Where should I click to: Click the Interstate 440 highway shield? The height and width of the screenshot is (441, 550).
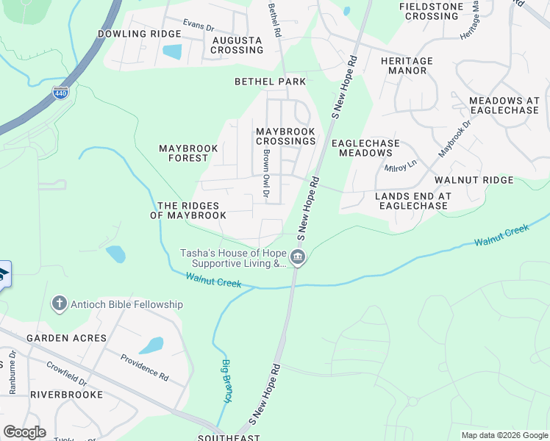click(61, 93)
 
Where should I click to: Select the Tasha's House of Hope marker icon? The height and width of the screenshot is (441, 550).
click(298, 257)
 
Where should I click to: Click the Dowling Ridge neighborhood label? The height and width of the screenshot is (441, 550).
click(139, 35)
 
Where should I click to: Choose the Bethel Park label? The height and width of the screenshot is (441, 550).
click(270, 81)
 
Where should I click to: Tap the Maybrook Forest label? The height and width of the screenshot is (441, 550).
click(189, 153)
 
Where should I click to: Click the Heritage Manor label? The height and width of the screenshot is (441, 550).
click(407, 65)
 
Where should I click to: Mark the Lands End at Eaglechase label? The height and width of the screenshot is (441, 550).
click(413, 201)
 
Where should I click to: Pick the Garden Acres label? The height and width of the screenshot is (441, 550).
click(67, 338)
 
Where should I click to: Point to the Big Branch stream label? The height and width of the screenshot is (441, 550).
click(226, 381)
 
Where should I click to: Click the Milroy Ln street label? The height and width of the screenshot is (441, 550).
click(401, 166)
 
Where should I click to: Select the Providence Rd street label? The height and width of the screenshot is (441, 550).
click(144, 366)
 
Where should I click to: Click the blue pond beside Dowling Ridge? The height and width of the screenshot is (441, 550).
click(171, 51)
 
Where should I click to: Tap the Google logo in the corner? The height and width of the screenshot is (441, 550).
click(24, 431)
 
